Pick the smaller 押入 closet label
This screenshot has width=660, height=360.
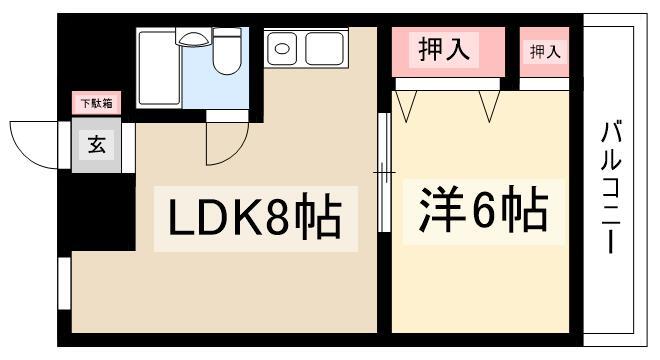pos(544,51)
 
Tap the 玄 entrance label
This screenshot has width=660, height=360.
pos(96,145)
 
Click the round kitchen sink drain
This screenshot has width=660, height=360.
pos(281,47)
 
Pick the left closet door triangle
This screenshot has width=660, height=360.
pos(408,104)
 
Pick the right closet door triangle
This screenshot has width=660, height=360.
pos(489,104)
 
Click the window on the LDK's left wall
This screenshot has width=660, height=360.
pos(63,282)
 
